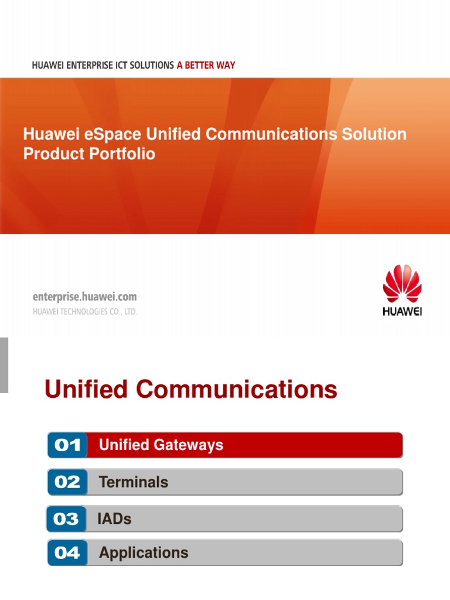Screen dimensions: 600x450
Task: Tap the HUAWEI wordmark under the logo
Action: (x=402, y=311)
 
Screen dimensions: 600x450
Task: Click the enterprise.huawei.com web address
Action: (x=84, y=298)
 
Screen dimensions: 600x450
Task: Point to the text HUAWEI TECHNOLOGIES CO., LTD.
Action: (x=84, y=312)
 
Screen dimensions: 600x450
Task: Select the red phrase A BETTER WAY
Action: (x=206, y=65)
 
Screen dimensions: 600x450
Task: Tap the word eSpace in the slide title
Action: (x=113, y=134)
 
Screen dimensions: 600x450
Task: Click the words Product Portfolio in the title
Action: (x=89, y=154)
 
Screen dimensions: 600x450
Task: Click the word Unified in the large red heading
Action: (x=86, y=390)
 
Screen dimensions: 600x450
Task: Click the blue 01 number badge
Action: (x=67, y=445)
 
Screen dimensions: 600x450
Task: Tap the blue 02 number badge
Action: (x=67, y=482)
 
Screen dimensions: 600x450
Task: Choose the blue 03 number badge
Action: (x=66, y=519)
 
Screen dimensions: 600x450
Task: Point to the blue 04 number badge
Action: (x=67, y=553)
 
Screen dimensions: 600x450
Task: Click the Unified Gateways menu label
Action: (x=161, y=445)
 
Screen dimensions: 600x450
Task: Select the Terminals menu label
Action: (x=134, y=482)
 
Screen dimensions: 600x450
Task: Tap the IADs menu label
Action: (x=115, y=519)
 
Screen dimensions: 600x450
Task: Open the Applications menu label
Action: (x=144, y=553)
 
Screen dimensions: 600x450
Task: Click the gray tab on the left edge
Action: (x=4, y=364)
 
